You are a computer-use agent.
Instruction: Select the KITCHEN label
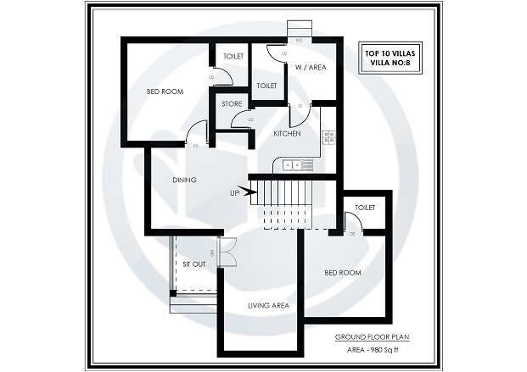(x=287, y=134)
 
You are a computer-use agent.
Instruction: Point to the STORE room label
(x=232, y=103)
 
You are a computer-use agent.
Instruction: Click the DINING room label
(x=184, y=180)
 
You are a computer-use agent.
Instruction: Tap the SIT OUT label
(x=193, y=264)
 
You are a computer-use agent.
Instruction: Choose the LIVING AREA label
(x=268, y=305)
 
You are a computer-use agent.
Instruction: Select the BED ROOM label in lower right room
(x=343, y=273)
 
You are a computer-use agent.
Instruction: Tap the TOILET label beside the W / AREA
(x=266, y=86)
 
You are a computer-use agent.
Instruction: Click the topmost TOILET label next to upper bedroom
(x=233, y=56)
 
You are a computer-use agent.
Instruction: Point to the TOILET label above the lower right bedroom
(x=365, y=207)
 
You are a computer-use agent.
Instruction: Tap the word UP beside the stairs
(x=234, y=193)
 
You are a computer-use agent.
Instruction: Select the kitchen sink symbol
(x=289, y=165)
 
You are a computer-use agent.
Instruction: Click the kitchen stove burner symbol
(x=328, y=136)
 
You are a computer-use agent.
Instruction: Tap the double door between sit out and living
(x=226, y=253)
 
